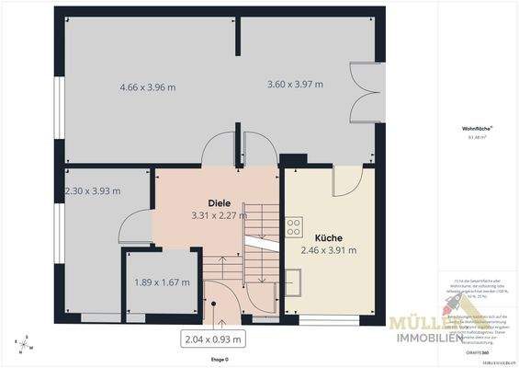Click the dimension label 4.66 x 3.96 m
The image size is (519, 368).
(147, 87)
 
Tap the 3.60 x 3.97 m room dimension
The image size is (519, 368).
(295, 85)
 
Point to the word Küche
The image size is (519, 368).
(328, 236)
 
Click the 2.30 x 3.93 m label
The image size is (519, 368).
(93, 190)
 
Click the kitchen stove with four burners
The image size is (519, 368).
(294, 225)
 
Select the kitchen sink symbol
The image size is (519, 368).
(293, 277)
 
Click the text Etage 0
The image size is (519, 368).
(219, 360)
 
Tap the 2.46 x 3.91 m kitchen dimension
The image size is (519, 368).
(329, 249)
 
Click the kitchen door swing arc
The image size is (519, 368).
(345, 180)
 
